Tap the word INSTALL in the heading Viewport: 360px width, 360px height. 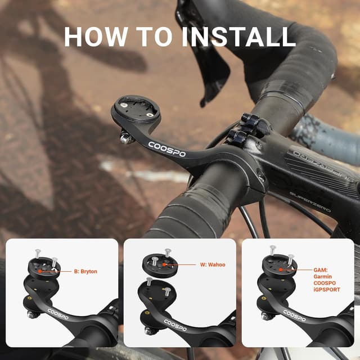[x=238, y=36]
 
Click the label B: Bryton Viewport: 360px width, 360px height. [x=85, y=272]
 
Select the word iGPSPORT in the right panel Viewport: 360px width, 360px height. [x=326, y=290]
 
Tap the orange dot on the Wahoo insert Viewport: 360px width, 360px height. [x=165, y=263]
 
